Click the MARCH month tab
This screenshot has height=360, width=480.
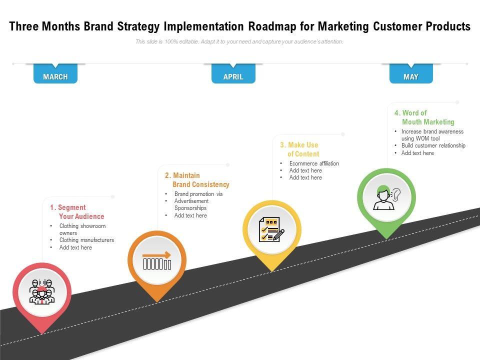tap(55, 76)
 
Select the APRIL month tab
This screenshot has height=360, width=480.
tap(233, 76)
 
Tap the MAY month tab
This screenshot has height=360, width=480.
tap(411, 76)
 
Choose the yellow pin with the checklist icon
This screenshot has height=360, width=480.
tap(271, 229)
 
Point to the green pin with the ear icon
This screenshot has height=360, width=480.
tap(386, 197)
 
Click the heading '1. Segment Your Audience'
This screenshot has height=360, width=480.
tap(77, 212)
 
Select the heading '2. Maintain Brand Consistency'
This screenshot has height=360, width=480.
tap(197, 180)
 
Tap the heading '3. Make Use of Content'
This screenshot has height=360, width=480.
tap(299, 149)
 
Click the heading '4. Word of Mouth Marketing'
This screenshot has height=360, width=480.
tap(424, 117)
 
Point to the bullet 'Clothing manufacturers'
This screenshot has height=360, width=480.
tap(86, 240)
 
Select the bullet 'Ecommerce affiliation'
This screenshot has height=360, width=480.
tap(314, 163)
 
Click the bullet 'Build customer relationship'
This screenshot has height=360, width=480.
tap(433, 145)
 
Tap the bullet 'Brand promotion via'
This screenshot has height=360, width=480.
tap(198, 194)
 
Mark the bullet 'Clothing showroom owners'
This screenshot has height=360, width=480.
tap(82, 229)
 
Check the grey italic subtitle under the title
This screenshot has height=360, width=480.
tap(239, 42)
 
